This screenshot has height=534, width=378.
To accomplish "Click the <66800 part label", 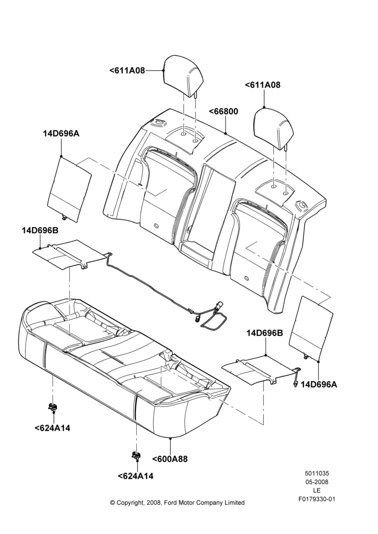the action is pos(223,112).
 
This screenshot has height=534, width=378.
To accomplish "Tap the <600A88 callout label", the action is pos(170,459).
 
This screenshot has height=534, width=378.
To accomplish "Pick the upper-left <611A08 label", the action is pos(127,70).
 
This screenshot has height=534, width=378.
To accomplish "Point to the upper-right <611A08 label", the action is pos(263,85).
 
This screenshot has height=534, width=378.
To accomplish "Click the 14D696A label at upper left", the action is pos(61,133).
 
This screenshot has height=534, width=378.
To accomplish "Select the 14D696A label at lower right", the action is pos(319,384).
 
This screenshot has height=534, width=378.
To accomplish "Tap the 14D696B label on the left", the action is pos(40,231).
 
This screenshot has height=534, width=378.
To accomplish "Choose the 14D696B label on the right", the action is pos(265,333).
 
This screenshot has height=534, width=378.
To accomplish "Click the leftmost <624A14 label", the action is pos(52,428).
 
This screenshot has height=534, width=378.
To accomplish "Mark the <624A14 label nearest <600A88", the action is pos(136,476).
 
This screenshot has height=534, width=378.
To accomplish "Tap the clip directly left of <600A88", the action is pos(136,454).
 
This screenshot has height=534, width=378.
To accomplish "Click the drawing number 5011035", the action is pos(317,473).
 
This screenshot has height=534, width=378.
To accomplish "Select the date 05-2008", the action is pos(317,482).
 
